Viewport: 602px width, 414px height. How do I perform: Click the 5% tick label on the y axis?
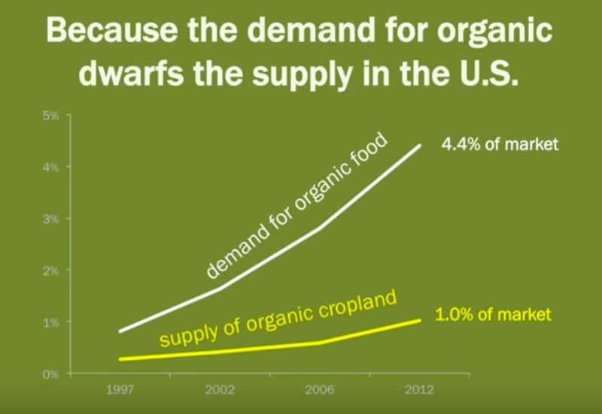click(x=51, y=116)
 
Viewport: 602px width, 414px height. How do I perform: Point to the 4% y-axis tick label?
click(x=51, y=168)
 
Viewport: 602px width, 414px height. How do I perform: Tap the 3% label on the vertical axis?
click(x=51, y=219)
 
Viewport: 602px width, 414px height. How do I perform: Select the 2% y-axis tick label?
click(x=51, y=271)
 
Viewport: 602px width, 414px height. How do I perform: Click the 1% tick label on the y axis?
click(x=51, y=323)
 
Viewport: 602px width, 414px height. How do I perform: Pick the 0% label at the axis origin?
click(x=50, y=374)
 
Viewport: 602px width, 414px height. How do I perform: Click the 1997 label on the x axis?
click(x=120, y=390)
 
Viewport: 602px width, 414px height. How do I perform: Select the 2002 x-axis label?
click(x=220, y=390)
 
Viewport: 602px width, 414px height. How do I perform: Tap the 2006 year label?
click(x=319, y=390)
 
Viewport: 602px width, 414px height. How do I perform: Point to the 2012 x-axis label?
click(x=419, y=390)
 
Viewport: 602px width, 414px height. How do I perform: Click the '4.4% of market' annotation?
click(x=500, y=144)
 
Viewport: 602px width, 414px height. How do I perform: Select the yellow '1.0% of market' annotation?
click(x=493, y=315)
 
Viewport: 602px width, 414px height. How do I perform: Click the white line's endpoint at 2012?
click(x=420, y=146)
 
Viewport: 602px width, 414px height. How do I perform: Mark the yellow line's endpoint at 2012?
click(x=420, y=321)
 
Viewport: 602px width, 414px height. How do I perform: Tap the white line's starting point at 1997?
click(x=120, y=331)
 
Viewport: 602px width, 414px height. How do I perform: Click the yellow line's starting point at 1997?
click(x=120, y=359)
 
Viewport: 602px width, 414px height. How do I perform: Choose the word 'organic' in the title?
click(x=494, y=32)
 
